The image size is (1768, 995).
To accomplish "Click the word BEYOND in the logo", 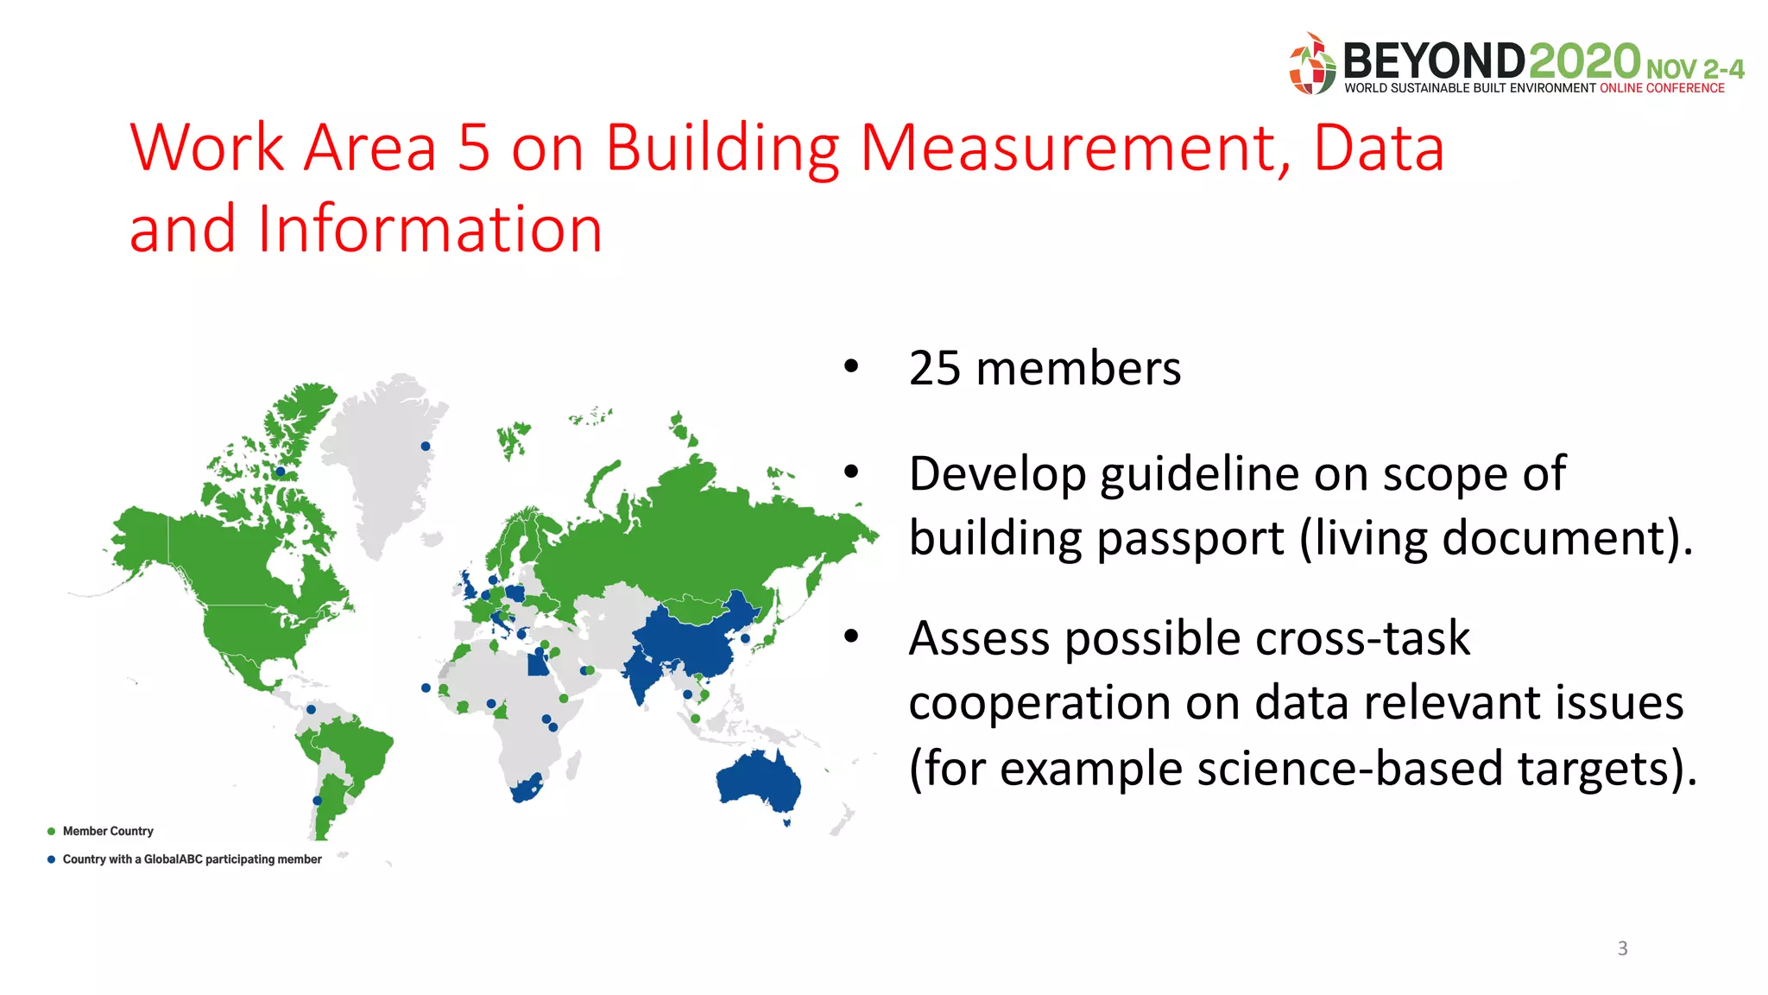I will (1434, 62).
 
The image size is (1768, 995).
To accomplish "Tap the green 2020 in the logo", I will (1584, 62).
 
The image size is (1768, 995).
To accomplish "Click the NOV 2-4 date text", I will (1695, 69).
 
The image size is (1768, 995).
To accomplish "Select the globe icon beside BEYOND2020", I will (1312, 65).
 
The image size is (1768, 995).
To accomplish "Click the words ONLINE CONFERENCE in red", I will (1662, 88).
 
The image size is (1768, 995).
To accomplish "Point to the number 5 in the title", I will (474, 148).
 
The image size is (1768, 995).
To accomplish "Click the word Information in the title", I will (430, 229).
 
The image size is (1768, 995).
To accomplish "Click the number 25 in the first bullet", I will (935, 369).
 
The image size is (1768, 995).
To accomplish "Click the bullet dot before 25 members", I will (852, 366).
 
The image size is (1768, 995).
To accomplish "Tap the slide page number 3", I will (1622, 948).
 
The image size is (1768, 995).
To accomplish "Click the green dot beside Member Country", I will (52, 831).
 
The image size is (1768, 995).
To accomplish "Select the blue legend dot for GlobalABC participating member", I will (52, 859).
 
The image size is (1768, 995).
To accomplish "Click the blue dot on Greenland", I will (426, 446).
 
